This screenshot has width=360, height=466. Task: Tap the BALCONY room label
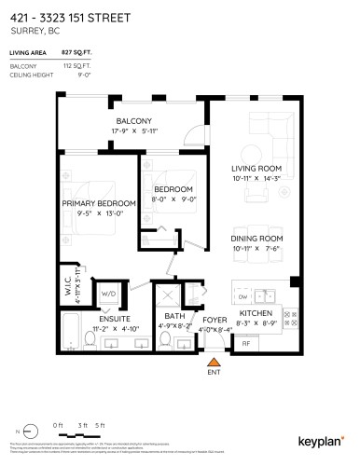coord(133,122)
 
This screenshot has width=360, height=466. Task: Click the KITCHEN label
coord(255,313)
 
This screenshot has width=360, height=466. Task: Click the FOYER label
coord(215,320)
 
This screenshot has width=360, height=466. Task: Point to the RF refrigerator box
coord(246,343)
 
